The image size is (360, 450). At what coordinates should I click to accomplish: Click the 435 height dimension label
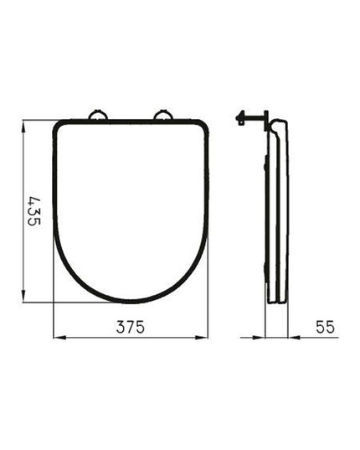[34, 211]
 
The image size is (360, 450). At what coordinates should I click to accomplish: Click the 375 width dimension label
[131, 327]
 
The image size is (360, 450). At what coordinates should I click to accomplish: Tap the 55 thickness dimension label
[325, 327]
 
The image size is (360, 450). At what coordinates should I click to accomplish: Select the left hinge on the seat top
[98, 116]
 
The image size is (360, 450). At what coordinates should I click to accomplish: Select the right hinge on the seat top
[163, 116]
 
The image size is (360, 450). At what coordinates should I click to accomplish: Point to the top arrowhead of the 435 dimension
[23, 127]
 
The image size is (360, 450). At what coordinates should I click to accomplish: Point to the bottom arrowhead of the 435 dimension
[23, 296]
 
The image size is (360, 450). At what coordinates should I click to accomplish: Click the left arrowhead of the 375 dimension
[59, 338]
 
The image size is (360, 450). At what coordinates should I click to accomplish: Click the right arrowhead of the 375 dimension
[202, 338]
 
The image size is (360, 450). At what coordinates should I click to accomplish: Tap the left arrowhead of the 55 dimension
[259, 338]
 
